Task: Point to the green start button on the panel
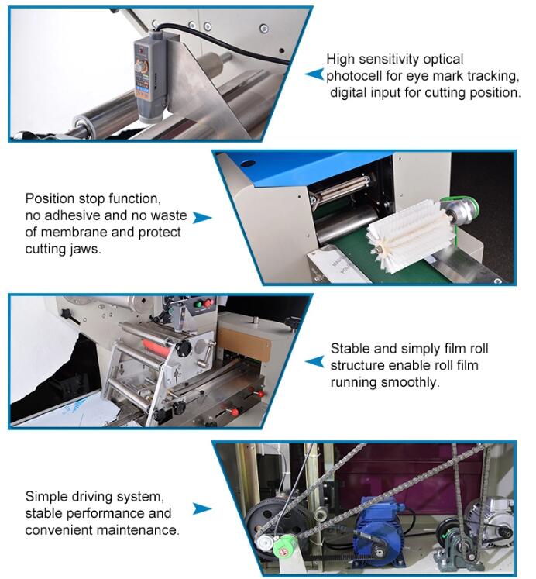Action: click(x=198, y=305)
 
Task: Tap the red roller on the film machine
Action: click(x=157, y=346)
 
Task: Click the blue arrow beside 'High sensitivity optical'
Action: click(x=314, y=74)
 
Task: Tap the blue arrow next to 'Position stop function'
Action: click(x=202, y=218)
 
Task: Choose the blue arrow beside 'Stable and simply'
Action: click(x=314, y=361)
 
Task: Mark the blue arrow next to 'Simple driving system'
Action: click(x=202, y=508)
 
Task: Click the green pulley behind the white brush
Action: click(x=466, y=211)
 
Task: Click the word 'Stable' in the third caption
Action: click(x=350, y=349)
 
